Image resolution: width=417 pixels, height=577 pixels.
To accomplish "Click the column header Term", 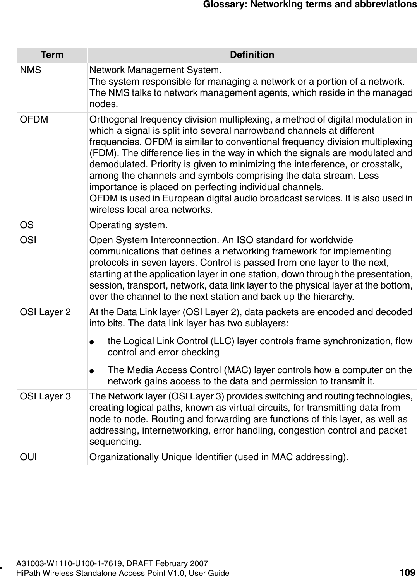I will point(52,55).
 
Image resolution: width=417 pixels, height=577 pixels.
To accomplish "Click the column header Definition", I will point(252,55).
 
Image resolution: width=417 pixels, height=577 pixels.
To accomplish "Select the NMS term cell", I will point(31,70).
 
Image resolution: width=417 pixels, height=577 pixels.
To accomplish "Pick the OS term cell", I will point(27,225).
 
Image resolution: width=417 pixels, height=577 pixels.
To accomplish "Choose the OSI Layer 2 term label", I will point(46,312).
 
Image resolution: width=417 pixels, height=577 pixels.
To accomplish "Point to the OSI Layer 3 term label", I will point(46,396).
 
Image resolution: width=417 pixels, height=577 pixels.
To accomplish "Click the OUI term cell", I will point(29,457).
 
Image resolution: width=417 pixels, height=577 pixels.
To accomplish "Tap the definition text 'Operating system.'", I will point(129,225).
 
